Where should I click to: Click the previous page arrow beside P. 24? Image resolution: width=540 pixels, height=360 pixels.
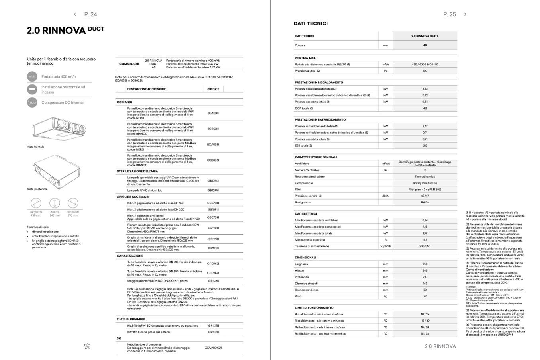pyautogui.click(x=75, y=14)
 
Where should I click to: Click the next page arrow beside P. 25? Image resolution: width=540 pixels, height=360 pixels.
pyautogui.click(x=465, y=14)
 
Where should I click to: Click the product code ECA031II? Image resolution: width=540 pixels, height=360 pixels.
pyautogui.click(x=213, y=113)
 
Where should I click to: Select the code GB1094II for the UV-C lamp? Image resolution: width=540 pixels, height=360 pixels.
pyautogui.click(x=213, y=181)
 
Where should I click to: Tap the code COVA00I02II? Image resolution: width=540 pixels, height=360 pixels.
pyautogui.click(x=213, y=348)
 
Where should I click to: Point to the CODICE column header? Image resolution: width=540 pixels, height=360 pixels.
pyautogui.click(x=213, y=89)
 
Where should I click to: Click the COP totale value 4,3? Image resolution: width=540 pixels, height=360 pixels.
pyautogui.click(x=425, y=108)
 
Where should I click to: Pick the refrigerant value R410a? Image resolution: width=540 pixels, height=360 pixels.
pyautogui.click(x=425, y=202)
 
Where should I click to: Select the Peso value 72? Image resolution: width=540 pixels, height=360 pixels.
pyautogui.click(x=425, y=296)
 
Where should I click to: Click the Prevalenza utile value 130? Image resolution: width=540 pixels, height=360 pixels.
pyautogui.click(x=425, y=71)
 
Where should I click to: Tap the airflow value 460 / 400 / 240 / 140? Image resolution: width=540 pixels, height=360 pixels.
pyautogui.click(x=425, y=65)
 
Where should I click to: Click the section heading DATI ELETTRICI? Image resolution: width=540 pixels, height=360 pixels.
pyautogui.click(x=306, y=214)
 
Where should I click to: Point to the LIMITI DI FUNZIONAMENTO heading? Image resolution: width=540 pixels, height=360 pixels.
pyautogui.click(x=314, y=308)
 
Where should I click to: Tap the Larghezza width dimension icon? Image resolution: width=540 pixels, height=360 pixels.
pyautogui.click(x=36, y=203)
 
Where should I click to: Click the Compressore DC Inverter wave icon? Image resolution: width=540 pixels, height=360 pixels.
pyautogui.click(x=32, y=103)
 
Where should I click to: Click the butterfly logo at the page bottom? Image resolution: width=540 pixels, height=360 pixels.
pyautogui.click(x=87, y=346)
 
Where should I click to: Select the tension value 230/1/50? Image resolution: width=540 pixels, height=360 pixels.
pyautogui.click(x=425, y=246)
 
